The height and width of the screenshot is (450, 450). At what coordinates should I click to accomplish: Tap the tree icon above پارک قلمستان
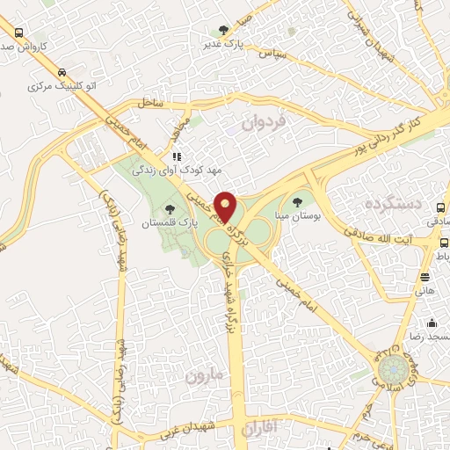(170, 209)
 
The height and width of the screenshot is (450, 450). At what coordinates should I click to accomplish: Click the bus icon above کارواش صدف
(18, 33)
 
